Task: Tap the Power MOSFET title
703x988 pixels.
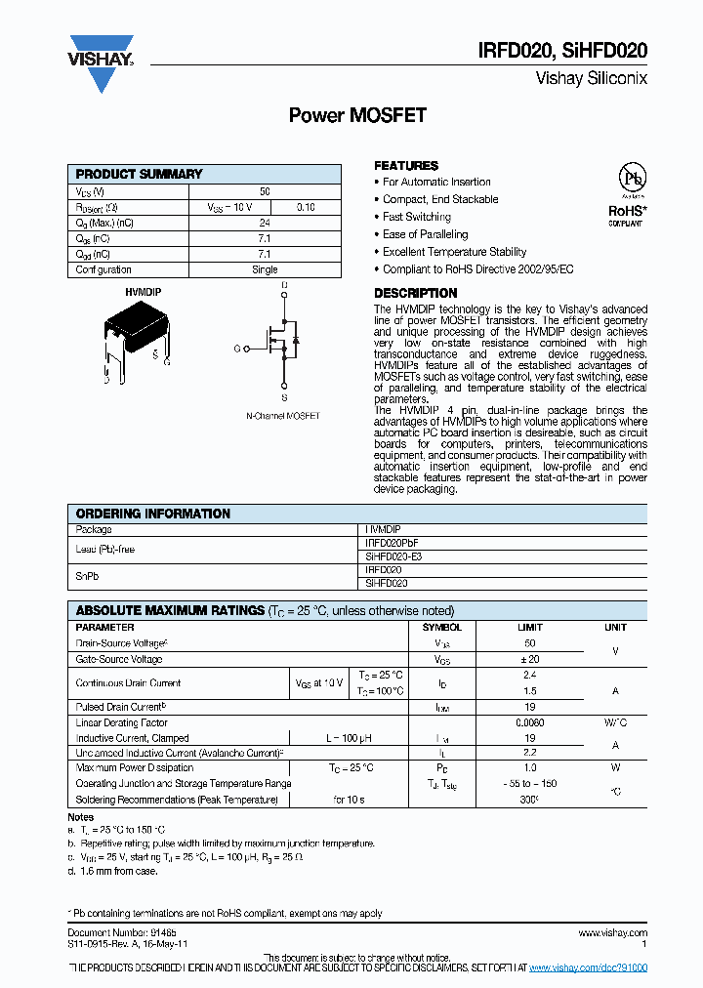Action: [357, 115]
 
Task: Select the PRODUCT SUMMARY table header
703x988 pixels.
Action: [139, 174]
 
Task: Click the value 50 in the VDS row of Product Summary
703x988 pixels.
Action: [265, 192]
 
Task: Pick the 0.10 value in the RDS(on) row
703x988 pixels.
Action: [306, 207]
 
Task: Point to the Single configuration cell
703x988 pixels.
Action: [265, 269]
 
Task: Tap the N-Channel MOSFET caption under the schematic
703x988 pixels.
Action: [282, 416]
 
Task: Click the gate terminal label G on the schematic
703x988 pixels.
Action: [236, 348]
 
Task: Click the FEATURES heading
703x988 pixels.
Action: [406, 166]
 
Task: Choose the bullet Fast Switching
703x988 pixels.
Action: [416, 217]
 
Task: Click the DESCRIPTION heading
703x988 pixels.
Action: [416, 293]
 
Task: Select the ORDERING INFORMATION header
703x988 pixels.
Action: [153, 514]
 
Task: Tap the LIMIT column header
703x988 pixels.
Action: [530, 627]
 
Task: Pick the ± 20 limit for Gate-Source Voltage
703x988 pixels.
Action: [530, 660]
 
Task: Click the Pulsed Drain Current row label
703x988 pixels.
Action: [120, 706]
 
